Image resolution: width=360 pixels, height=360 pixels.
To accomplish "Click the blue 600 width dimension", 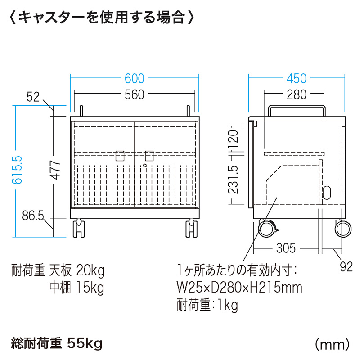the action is [134, 78].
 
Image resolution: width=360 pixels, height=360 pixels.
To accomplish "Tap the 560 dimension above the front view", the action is [134, 94].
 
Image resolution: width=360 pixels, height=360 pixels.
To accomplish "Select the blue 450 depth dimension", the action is [297, 78].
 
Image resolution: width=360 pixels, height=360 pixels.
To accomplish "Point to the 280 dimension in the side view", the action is [297, 94].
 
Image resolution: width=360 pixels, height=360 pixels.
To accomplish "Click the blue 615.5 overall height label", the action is [17, 170].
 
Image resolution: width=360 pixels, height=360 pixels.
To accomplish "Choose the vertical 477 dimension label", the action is [55, 170].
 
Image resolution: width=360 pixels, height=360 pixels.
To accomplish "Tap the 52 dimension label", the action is [33, 97].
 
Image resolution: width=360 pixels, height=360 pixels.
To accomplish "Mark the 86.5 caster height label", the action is [33, 216].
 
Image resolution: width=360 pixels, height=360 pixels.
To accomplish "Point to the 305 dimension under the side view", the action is [286, 248].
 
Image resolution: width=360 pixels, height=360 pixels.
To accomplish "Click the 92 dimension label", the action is [346, 267].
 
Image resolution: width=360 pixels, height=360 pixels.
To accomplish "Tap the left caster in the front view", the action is [78, 228].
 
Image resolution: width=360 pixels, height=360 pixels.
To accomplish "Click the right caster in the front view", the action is [192, 228].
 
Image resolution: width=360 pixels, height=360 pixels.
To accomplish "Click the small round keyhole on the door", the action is [144, 166].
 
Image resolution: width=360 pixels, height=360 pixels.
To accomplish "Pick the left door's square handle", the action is [120, 156].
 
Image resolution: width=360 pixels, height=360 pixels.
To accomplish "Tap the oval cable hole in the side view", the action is [327, 193].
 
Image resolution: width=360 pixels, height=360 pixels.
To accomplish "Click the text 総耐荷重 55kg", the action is [57, 344].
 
